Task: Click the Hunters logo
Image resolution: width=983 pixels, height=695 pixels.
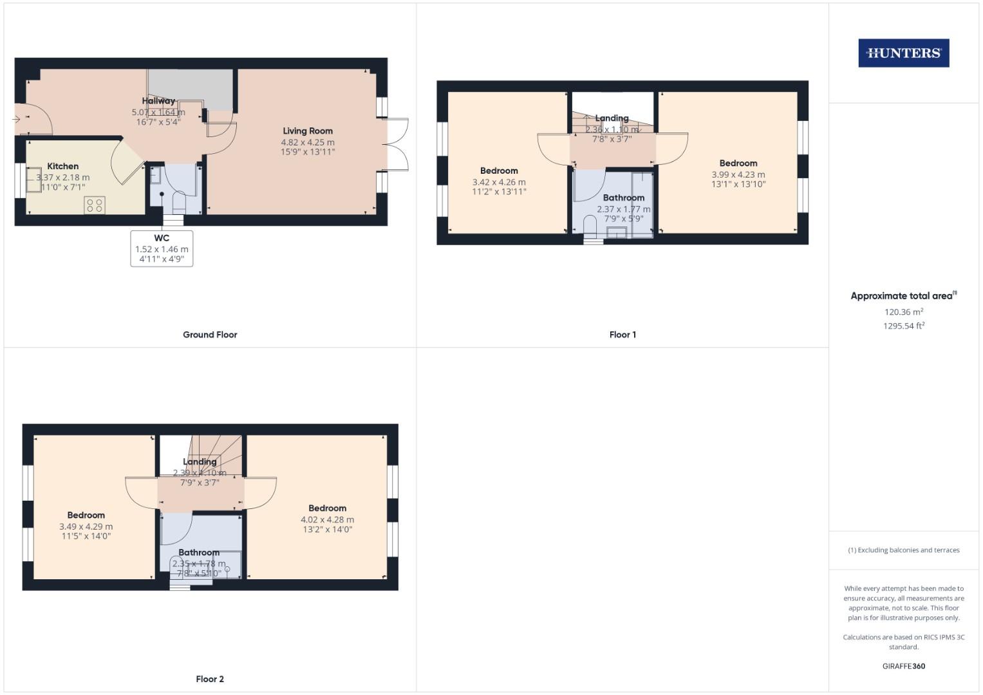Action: [x=903, y=53]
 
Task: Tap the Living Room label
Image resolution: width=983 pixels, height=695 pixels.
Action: [x=308, y=131]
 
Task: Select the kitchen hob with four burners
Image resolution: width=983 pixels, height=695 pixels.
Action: [x=95, y=205]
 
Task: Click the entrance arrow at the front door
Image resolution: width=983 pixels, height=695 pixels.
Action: [x=16, y=119]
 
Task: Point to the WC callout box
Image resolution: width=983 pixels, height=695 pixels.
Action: [x=162, y=248]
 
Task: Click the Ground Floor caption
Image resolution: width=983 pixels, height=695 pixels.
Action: [x=210, y=335]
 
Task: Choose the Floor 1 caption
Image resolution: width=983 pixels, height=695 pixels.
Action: [x=623, y=335]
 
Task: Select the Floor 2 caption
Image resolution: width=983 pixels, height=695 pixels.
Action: [x=210, y=679]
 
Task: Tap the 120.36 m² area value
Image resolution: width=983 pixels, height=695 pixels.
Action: [x=903, y=312]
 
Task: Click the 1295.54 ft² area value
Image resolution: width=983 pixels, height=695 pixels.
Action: [x=903, y=326]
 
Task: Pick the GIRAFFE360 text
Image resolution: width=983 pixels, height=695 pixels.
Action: [x=903, y=666]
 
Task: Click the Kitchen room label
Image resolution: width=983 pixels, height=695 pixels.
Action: [x=63, y=166]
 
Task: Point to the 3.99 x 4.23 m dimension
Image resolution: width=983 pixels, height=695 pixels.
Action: [x=738, y=174]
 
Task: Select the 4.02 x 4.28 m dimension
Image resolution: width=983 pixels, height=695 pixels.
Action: [x=327, y=520]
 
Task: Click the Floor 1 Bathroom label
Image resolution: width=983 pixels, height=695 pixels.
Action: [x=623, y=198]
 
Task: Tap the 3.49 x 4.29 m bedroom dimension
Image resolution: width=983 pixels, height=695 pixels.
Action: [x=86, y=526]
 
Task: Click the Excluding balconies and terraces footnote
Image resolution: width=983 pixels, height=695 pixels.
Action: [x=903, y=550]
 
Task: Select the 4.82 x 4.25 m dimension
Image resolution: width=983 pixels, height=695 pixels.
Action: [x=308, y=142]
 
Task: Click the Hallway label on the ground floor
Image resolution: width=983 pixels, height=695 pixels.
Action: [x=158, y=100]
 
